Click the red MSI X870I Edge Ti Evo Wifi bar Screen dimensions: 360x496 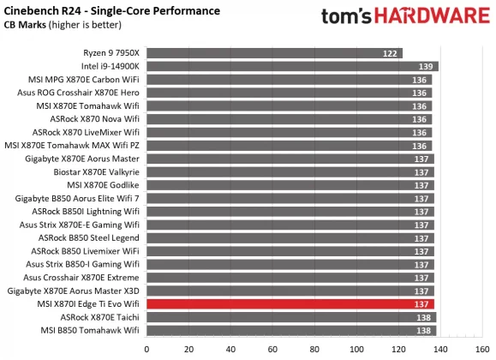pos(291,303)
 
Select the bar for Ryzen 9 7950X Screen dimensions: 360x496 pos(275,53)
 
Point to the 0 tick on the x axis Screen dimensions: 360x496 pos(147,348)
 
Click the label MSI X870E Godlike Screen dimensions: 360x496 pos(103,185)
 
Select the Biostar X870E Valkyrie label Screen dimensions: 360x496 pos(96,172)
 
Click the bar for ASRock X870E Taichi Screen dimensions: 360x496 pos(292,317)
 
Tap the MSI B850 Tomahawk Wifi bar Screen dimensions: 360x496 pos(292,330)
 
